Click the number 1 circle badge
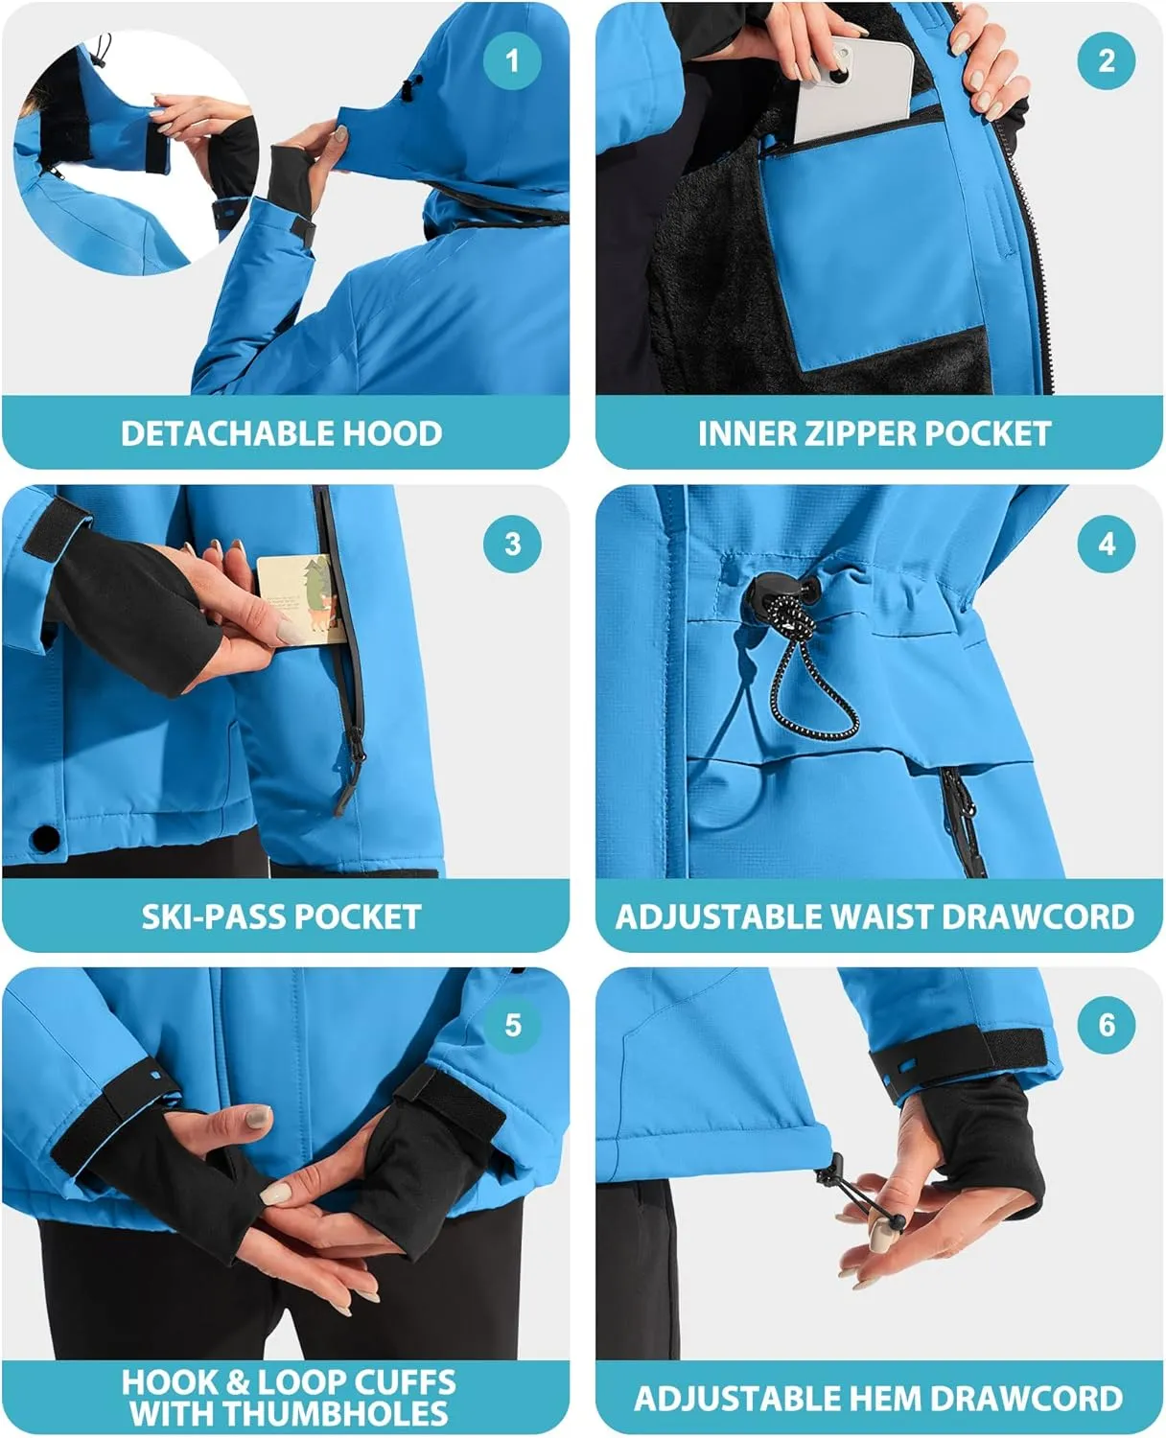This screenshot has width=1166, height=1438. (x=512, y=60)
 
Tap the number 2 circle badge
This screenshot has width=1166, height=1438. (x=1106, y=60)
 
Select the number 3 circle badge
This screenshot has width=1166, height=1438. (x=512, y=545)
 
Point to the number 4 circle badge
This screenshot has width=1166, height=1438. (x=1106, y=545)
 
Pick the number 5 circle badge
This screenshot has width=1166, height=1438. (x=512, y=1025)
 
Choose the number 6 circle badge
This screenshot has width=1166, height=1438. (x=1106, y=1025)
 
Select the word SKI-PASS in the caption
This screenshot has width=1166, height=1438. (x=213, y=916)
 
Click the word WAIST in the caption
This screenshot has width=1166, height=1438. (x=882, y=916)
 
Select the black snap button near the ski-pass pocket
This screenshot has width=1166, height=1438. (x=44, y=839)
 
